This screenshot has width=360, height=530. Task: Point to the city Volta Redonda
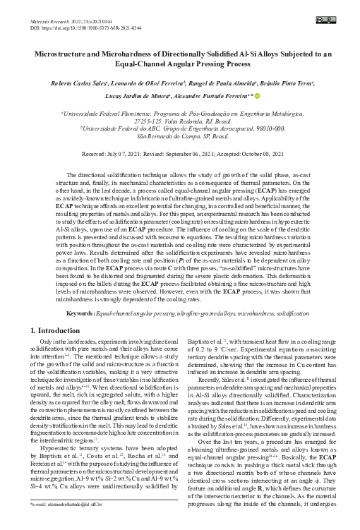coord(175,119)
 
